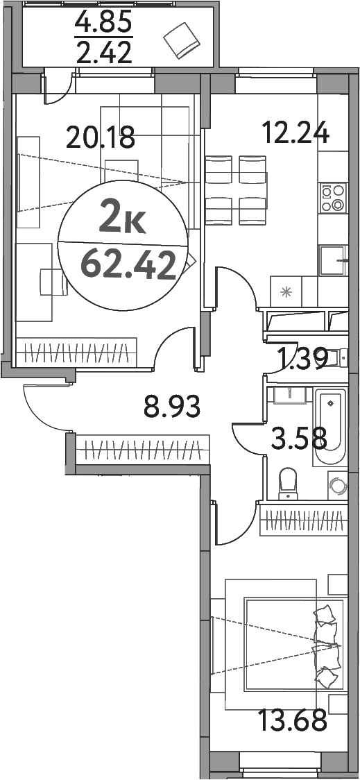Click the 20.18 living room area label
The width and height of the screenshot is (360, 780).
[100, 137]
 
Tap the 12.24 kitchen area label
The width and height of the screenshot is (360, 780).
[294, 131]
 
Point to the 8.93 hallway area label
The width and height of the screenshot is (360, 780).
[172, 407]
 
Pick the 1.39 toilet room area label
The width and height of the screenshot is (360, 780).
[302, 360]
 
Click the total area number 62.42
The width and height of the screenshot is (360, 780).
[128, 264]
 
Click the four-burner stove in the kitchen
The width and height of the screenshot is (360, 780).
[332, 197]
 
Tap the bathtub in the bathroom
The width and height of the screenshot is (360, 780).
[329, 427]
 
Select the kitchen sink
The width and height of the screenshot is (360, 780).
[332, 262]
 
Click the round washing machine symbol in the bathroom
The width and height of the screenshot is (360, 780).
[337, 485]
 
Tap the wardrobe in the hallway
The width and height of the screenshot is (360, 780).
[142, 448]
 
